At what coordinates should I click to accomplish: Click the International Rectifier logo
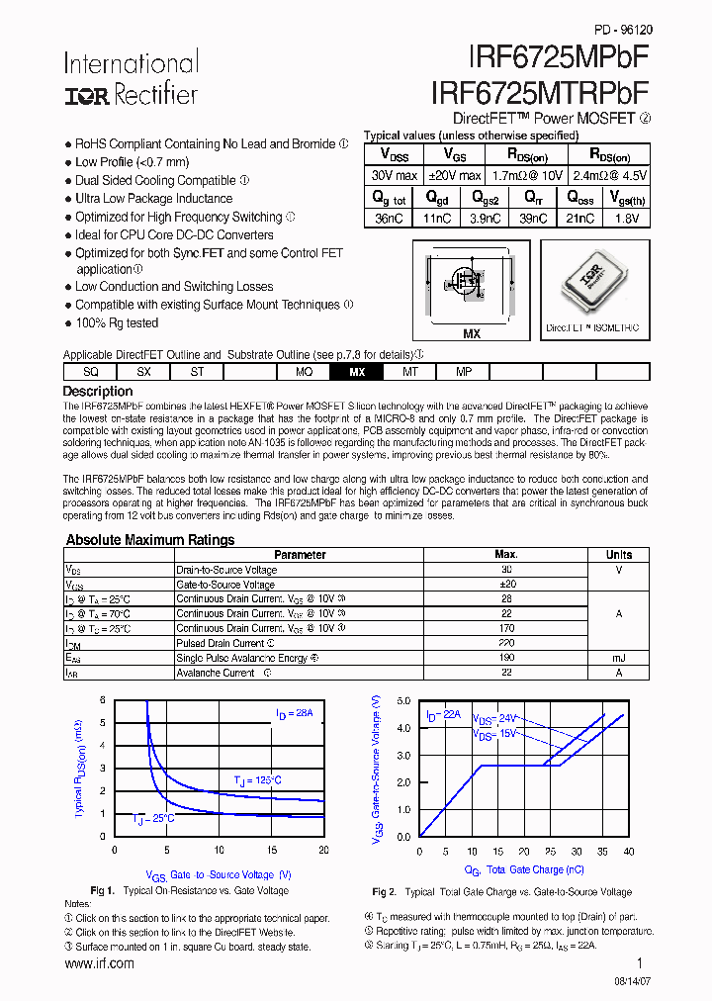[x=131, y=78]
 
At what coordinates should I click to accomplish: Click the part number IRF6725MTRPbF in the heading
[x=541, y=92]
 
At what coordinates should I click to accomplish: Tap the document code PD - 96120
[x=622, y=30]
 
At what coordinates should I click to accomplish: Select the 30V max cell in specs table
[x=394, y=175]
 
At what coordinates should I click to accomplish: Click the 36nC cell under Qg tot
[x=389, y=219]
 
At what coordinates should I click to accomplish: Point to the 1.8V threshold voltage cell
[x=627, y=219]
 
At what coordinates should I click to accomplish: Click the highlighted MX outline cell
[x=357, y=372]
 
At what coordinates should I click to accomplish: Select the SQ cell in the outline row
[x=90, y=372]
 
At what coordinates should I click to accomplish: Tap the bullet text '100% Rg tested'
[x=117, y=323]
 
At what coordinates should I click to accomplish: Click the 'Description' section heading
[x=98, y=392]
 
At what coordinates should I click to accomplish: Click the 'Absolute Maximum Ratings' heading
[x=149, y=540]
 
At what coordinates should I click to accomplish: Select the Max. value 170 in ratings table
[x=506, y=628]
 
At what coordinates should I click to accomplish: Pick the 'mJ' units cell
[x=619, y=658]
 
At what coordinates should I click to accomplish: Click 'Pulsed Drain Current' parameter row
[x=220, y=643]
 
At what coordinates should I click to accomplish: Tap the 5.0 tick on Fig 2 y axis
[x=403, y=700]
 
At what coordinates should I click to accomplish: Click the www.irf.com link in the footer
[x=99, y=963]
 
